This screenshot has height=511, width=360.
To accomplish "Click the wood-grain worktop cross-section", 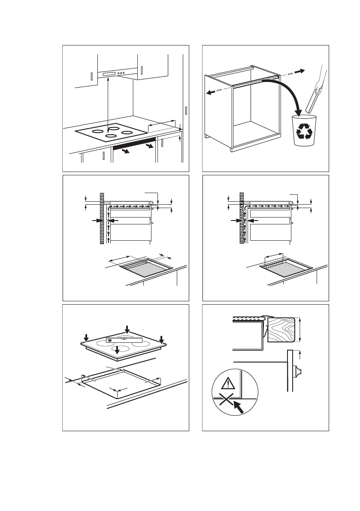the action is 281,330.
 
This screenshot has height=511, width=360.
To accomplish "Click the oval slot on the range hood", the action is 109,73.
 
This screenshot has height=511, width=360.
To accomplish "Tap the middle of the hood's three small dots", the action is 121,73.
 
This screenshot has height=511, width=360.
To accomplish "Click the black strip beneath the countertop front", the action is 133,144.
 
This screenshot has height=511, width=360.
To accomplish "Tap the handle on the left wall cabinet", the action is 91,77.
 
